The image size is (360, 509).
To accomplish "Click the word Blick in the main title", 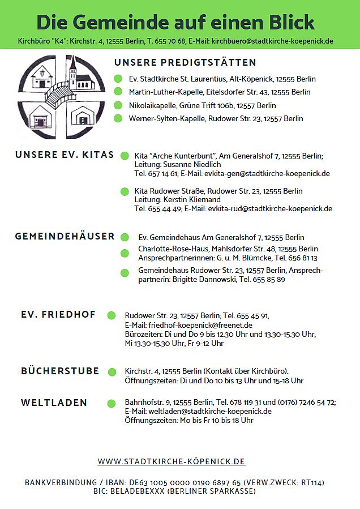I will click(286, 22).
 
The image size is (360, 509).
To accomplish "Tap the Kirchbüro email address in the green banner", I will click(272, 41).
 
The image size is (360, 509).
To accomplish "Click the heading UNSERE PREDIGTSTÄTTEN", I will click(185, 62).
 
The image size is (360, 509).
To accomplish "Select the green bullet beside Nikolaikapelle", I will click(118, 105).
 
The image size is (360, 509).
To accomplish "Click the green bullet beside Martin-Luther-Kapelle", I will click(118, 92).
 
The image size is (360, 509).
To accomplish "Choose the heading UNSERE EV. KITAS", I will click(65, 155).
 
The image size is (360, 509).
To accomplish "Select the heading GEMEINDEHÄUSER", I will click(65, 236).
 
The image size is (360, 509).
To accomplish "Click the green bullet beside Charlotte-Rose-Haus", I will click(125, 253).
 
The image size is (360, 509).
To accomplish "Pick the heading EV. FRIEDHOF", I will click(58, 314).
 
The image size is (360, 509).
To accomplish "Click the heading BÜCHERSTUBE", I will click(60, 371).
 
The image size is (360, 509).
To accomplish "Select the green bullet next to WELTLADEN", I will click(112, 403).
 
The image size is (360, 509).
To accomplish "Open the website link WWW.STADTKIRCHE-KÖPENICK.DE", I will click(172, 461).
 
